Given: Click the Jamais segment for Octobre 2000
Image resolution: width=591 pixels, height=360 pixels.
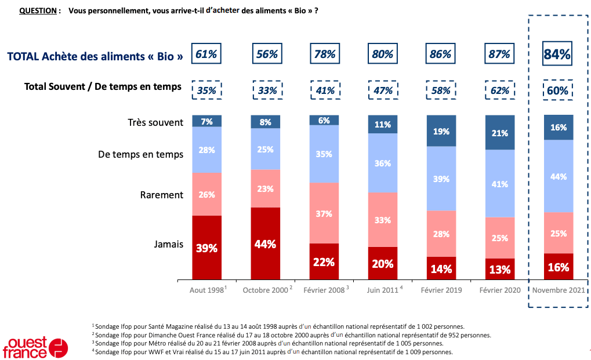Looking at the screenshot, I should (x=265, y=243).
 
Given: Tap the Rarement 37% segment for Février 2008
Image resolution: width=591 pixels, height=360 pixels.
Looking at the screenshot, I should (x=324, y=213).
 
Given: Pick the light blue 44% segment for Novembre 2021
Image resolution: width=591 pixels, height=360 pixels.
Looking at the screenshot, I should (x=558, y=176).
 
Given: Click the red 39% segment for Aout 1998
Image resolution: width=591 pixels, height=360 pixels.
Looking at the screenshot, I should (x=206, y=248).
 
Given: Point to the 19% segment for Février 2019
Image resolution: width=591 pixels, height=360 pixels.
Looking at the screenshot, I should (x=440, y=131).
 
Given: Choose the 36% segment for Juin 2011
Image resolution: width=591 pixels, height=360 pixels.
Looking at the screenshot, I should (x=382, y=163).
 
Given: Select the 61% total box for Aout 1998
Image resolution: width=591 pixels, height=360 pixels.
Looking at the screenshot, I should (x=206, y=54).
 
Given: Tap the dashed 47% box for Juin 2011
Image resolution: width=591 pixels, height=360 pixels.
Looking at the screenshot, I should (x=382, y=90).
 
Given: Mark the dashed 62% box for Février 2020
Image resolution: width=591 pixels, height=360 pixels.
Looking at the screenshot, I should (x=499, y=90).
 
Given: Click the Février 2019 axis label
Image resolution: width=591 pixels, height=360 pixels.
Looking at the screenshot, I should (x=441, y=290).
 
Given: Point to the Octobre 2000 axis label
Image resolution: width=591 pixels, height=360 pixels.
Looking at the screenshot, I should (x=265, y=290).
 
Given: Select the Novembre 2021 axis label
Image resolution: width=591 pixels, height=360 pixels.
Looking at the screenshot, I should (x=558, y=290).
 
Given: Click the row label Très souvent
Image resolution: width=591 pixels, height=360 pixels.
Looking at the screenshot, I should (x=155, y=122).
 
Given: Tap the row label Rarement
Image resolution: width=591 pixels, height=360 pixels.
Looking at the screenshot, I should (x=161, y=195).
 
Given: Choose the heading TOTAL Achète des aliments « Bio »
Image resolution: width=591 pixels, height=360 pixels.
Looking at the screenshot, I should (x=95, y=56).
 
